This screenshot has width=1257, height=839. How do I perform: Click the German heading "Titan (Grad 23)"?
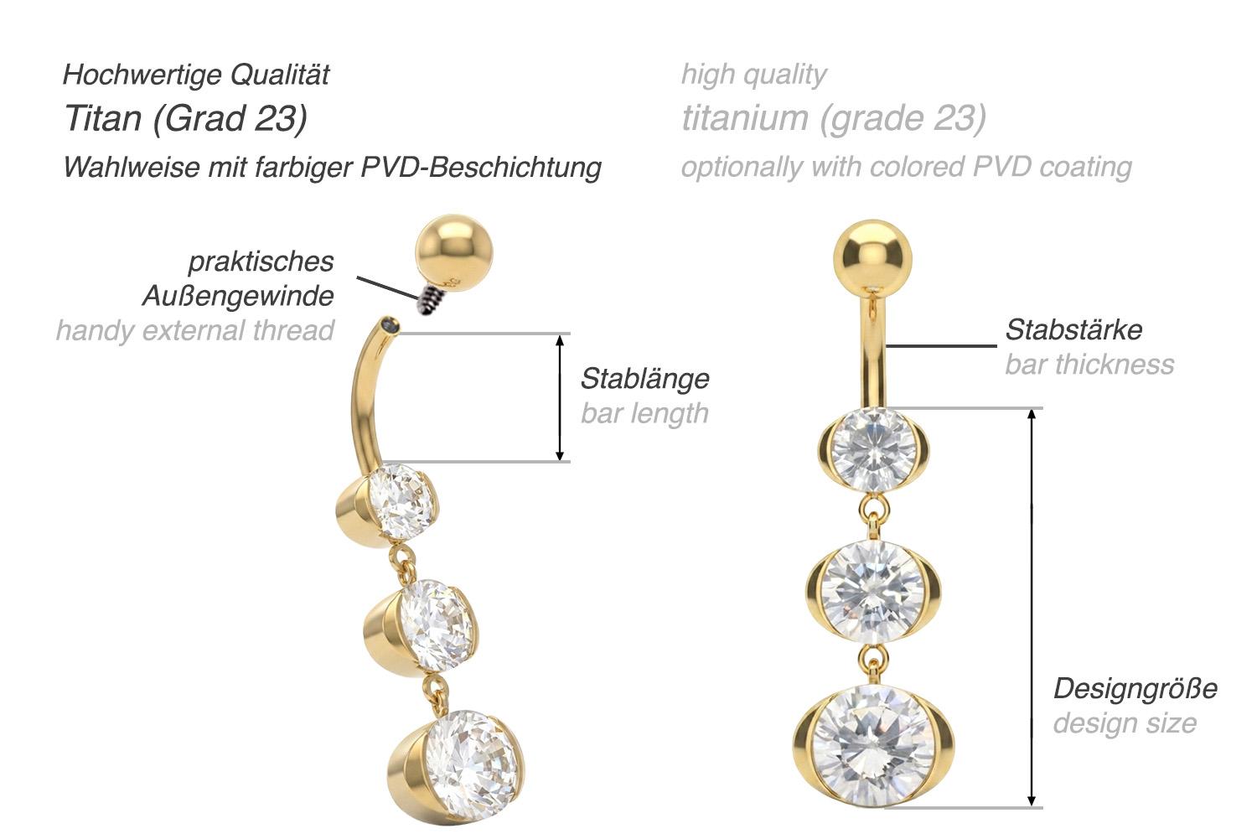(186, 118)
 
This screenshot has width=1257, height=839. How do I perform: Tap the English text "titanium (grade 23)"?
(834, 118)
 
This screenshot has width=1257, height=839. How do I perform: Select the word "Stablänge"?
(645, 378)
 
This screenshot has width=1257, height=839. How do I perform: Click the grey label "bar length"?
(644, 413)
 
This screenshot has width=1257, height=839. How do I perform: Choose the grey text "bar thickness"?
(1089, 365)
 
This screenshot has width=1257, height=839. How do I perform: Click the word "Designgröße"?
(1135, 689)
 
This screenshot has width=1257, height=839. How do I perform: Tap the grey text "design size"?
(1125, 723)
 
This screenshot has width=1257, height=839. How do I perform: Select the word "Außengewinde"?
(238, 296)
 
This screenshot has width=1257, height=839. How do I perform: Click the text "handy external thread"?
(195, 330)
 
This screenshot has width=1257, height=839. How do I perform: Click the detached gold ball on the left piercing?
(454, 254)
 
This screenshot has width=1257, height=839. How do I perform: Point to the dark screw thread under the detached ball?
(429, 298)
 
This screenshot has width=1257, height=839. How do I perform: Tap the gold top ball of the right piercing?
(872, 259)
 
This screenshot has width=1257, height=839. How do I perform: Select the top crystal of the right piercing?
(873, 449)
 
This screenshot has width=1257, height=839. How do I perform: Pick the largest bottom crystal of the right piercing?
(873, 745)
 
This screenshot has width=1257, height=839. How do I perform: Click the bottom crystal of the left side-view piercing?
(471, 767)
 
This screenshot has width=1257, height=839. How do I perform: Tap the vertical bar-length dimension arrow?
(560, 398)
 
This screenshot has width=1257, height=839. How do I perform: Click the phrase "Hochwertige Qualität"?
(196, 75)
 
